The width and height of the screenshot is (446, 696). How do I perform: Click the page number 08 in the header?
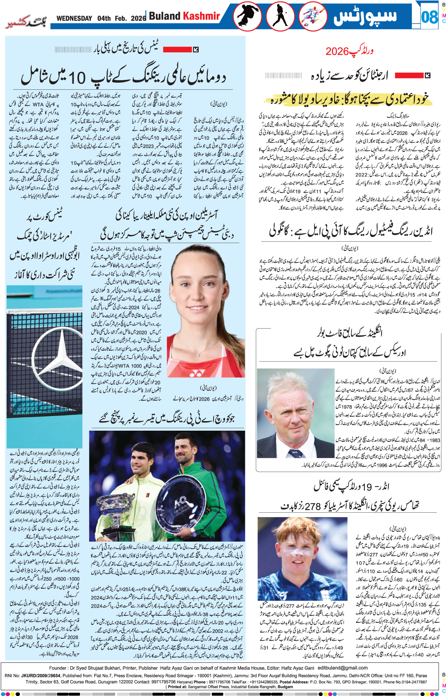click(429, 17)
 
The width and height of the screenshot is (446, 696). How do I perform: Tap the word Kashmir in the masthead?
click(201, 16)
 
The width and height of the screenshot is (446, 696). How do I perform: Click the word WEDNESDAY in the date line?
click(74, 18)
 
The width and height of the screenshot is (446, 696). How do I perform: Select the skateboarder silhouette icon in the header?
click(247, 17)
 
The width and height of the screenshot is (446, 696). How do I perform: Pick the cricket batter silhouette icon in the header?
click(281, 17)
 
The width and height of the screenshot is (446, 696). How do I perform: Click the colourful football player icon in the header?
click(313, 17)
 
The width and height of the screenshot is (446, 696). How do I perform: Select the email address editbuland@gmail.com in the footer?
click(343, 668)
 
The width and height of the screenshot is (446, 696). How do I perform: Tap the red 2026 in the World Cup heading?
click(337, 52)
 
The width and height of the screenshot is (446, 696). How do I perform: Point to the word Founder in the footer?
click(58, 668)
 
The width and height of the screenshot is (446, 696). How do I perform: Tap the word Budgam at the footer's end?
click(285, 687)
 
